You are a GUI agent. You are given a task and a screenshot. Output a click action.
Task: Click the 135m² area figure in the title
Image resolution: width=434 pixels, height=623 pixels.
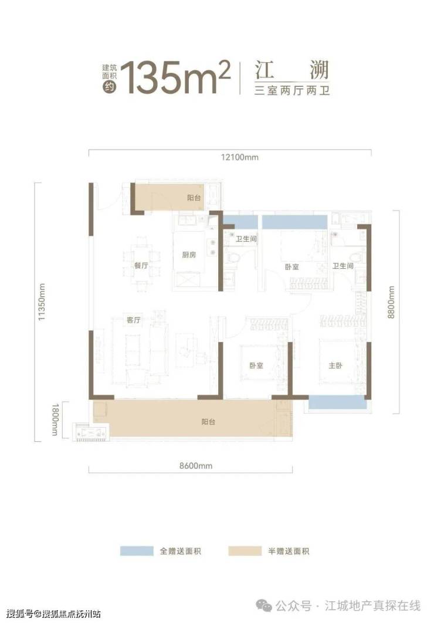click(175, 77)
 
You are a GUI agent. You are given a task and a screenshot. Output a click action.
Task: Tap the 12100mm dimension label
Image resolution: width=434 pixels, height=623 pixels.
click(239, 157)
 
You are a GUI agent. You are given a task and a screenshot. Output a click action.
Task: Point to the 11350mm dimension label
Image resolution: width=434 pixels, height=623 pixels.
click(42, 302)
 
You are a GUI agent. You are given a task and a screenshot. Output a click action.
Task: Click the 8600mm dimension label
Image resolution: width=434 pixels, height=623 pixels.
click(196, 466)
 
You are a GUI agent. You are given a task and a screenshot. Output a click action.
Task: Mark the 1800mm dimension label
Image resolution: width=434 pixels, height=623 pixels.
click(55, 419)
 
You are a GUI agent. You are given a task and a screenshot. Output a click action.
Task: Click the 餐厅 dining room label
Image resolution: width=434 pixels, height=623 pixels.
click(141, 265)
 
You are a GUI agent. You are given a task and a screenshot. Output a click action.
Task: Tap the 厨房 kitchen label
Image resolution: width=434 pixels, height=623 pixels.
click(189, 255)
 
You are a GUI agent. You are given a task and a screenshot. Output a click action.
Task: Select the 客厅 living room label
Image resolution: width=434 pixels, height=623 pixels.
click(134, 320)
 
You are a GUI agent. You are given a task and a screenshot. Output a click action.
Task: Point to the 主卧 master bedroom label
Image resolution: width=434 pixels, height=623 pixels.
click(335, 365)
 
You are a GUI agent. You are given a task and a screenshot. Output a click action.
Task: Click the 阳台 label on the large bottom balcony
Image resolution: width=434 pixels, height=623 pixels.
click(208, 422)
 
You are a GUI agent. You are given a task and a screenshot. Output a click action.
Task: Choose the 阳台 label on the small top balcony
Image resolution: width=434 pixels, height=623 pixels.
click(194, 198)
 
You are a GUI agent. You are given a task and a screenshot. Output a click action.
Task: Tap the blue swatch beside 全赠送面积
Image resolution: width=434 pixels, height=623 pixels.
click(137, 551)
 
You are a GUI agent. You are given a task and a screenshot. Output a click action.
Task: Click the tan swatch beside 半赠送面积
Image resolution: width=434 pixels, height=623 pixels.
click(245, 551)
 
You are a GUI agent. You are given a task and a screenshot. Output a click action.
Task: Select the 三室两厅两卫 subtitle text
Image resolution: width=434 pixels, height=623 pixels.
click(292, 90)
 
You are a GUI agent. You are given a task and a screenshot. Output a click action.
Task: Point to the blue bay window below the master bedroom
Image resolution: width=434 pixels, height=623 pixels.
click(337, 402)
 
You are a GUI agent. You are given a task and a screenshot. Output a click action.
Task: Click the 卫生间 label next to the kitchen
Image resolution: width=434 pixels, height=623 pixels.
click(246, 239)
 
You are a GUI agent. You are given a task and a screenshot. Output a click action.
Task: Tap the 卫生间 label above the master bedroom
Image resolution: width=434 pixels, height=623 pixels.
click(343, 265)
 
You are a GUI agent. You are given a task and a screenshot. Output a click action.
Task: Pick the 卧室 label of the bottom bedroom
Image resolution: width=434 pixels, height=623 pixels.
click(256, 365)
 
